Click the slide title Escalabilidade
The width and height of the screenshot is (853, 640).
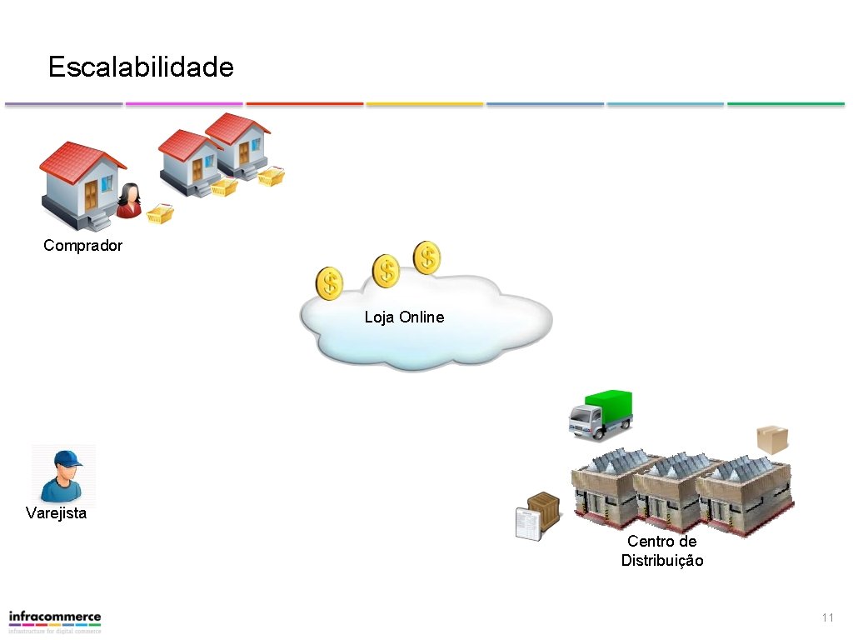pyautogui.click(x=141, y=67)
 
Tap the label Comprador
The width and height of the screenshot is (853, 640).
pyautogui.click(x=82, y=246)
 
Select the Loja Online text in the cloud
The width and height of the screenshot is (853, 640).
pyautogui.click(x=404, y=317)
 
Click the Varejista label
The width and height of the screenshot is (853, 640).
pyautogui.click(x=56, y=513)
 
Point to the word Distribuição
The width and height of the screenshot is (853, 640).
pyautogui.click(x=662, y=561)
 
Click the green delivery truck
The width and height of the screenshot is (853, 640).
pyautogui.click(x=600, y=413)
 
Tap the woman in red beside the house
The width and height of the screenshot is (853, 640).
pyautogui.click(x=129, y=202)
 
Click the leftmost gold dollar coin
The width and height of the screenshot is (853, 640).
pyautogui.click(x=329, y=284)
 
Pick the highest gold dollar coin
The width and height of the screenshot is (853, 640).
pyautogui.click(x=426, y=257)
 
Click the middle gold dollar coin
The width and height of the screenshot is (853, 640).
pyautogui.click(x=386, y=271)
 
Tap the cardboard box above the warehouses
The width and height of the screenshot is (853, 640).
pyautogui.click(x=771, y=438)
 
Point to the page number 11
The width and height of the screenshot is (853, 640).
pyautogui.click(x=827, y=617)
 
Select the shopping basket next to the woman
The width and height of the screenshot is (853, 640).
pyautogui.click(x=160, y=214)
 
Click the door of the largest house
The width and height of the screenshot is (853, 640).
pyautogui.click(x=90, y=196)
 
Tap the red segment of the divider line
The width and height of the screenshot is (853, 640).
pyautogui.click(x=305, y=104)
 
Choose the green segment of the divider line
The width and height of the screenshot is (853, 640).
pyautogui.click(x=786, y=104)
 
